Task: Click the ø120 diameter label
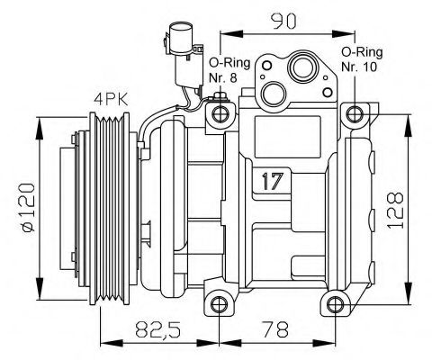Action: point(26,209)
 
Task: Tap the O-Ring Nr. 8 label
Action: point(223,70)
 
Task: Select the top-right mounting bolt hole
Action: point(357,113)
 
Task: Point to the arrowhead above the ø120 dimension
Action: point(40,125)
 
